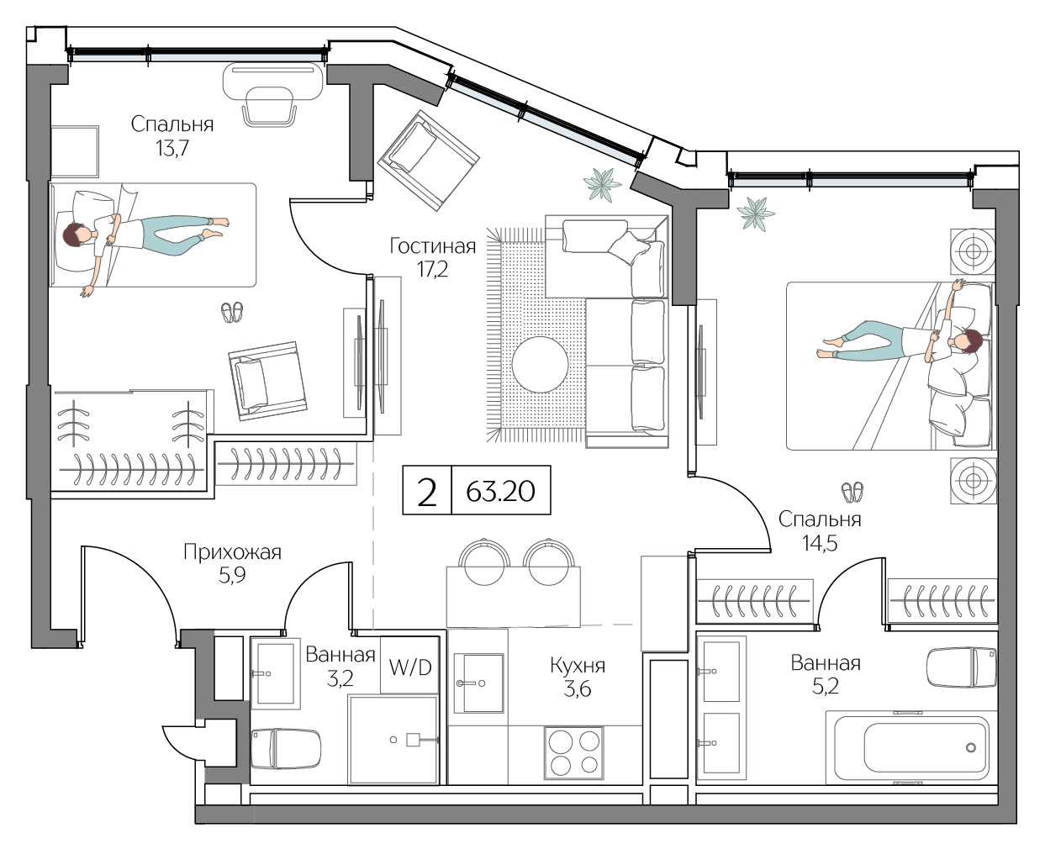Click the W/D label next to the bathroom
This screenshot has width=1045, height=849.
[x=410, y=667]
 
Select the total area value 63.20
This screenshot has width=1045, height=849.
[x=500, y=491]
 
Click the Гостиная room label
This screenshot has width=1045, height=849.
[x=432, y=246]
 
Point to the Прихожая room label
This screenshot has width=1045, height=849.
[x=232, y=552]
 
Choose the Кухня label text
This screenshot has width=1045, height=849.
[x=577, y=666]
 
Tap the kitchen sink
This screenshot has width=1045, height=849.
[x=478, y=683]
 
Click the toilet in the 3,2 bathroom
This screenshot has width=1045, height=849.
[x=286, y=748]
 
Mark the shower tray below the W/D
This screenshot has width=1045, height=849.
[x=393, y=740]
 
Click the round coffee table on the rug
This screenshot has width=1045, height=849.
[x=540, y=364]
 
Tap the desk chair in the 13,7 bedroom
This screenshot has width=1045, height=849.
[x=270, y=108]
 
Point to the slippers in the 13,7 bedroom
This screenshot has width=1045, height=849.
[x=232, y=313]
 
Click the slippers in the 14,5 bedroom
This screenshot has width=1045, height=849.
[x=852, y=491]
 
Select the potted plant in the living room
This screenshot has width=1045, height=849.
[x=602, y=184]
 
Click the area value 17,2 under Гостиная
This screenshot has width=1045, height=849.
[x=432, y=270]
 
